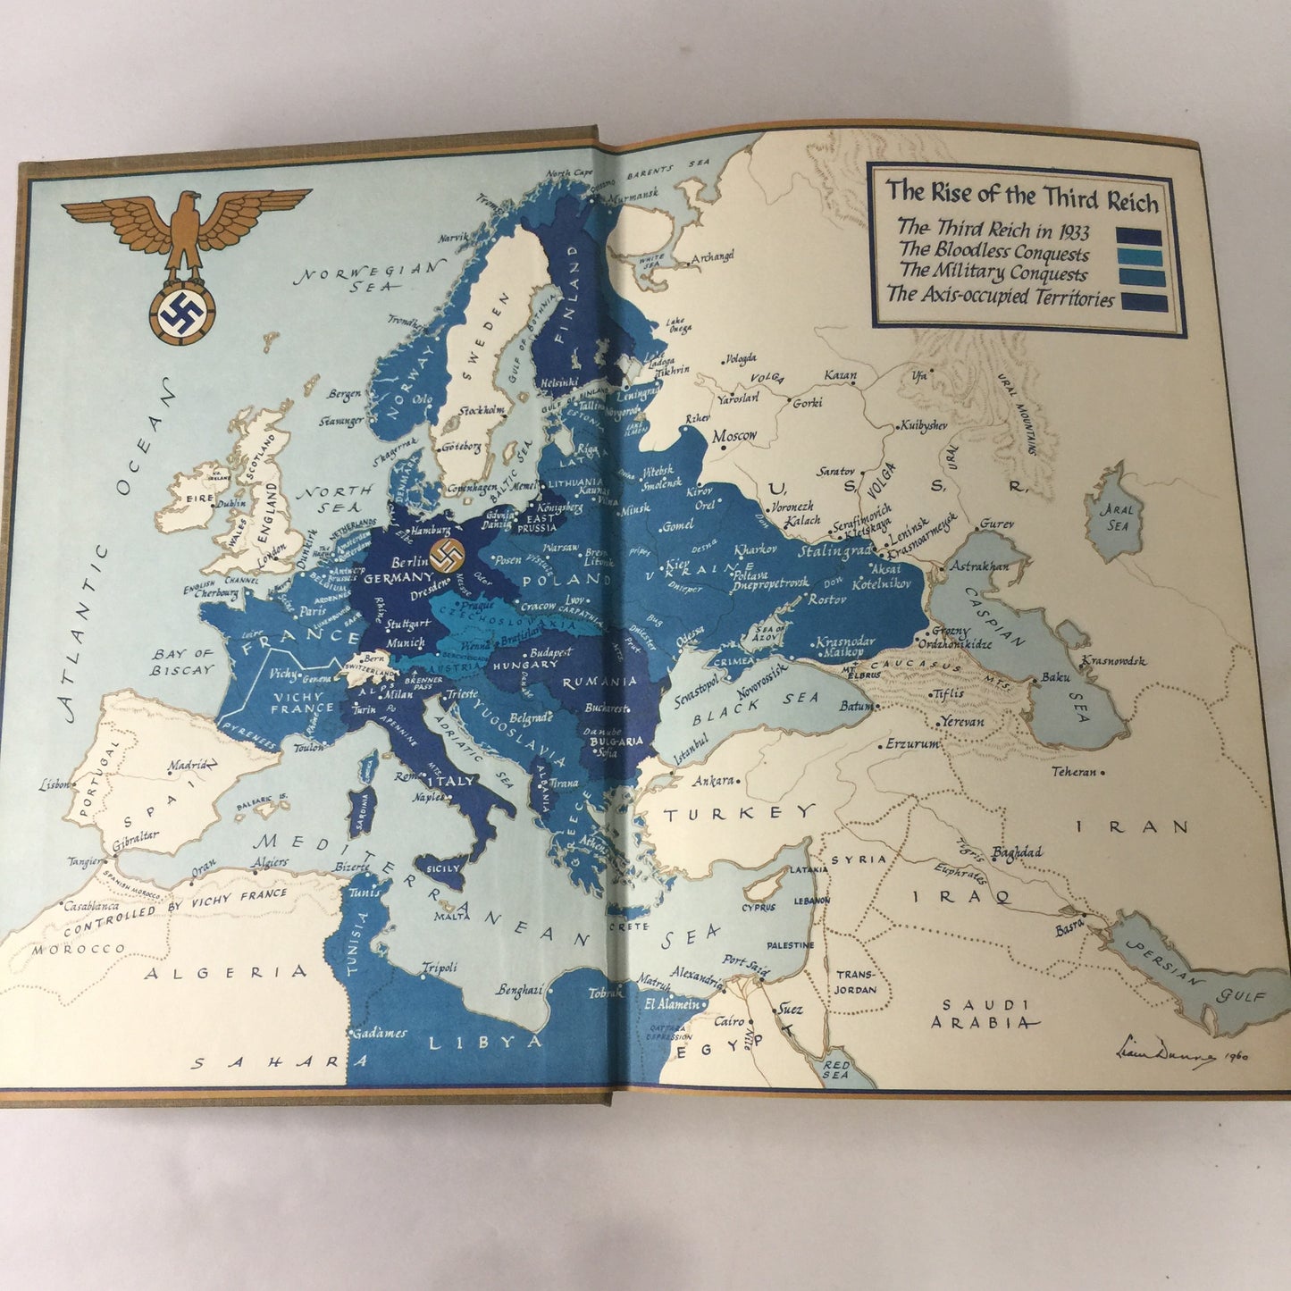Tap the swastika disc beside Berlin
(x=447, y=555)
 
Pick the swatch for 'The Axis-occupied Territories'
(x=1144, y=302)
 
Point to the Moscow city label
(x=734, y=437)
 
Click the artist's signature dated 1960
(x=1180, y=1055)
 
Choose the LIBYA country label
(x=485, y=1042)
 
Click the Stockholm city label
(x=482, y=411)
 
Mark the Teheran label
(x=1073, y=771)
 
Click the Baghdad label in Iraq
(x=1016, y=853)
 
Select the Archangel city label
(x=711, y=256)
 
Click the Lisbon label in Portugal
(x=54, y=785)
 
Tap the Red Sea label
(x=835, y=1069)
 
